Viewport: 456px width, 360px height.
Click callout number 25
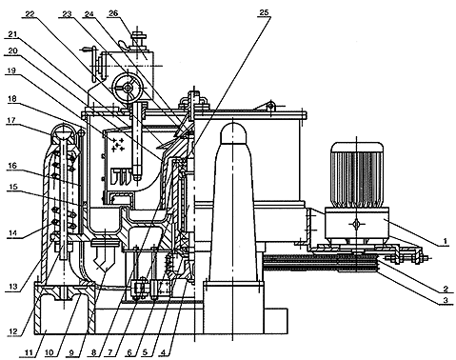(264, 12)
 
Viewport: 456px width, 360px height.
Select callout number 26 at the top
(113, 12)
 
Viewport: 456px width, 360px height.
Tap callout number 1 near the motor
(445, 241)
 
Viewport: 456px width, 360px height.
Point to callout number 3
(446, 300)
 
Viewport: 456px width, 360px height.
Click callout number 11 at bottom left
(29, 352)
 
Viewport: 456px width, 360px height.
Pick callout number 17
(11, 120)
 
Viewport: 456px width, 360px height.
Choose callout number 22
(30, 14)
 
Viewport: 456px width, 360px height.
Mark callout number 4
(163, 352)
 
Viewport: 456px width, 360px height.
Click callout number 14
(12, 232)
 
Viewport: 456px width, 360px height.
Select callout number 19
(11, 70)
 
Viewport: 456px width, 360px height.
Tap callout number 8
(93, 352)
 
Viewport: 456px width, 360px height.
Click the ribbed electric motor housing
(357, 174)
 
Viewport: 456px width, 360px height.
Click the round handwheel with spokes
(128, 87)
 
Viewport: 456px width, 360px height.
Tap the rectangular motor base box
(357, 223)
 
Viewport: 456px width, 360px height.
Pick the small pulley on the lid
(270, 105)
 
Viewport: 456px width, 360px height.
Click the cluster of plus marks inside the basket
(117, 145)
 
